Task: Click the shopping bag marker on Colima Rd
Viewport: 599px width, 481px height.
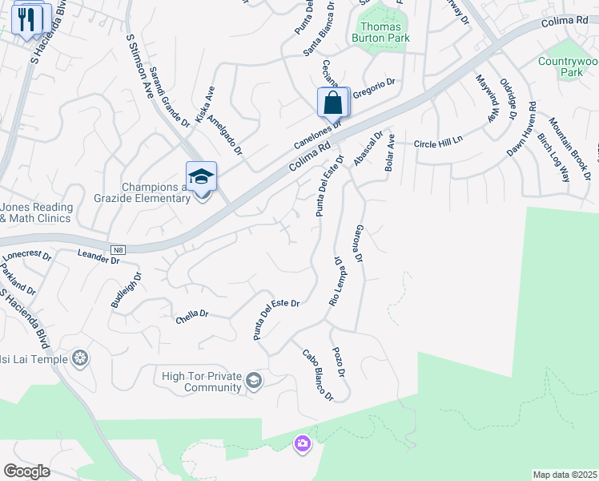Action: (333, 103)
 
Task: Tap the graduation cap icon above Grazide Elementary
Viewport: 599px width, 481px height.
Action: (202, 176)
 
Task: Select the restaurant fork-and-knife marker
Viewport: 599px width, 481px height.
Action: (30, 19)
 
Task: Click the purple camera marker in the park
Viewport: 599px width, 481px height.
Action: (302, 443)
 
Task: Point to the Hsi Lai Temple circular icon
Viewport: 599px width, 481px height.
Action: (79, 358)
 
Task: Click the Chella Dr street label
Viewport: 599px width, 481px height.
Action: (191, 318)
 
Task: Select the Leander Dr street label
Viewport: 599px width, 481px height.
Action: (98, 257)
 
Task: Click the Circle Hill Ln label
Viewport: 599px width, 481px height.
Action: (438, 143)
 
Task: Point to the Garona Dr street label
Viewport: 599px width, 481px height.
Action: (358, 245)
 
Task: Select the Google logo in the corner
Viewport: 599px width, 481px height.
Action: (26, 471)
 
